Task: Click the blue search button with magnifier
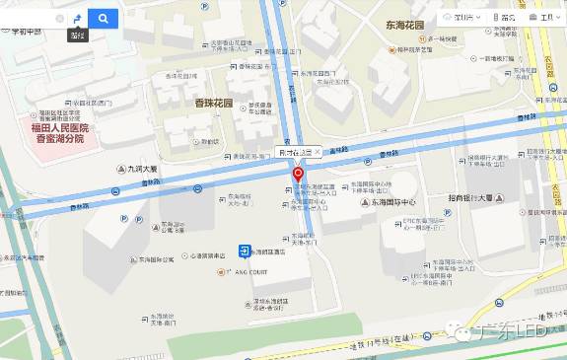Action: pyautogui.click(x=103, y=18)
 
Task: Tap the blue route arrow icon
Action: pyautogui.click(x=77, y=18)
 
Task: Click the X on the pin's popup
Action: pyautogui.click(x=317, y=152)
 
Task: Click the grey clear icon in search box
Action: pyautogui.click(x=59, y=19)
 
